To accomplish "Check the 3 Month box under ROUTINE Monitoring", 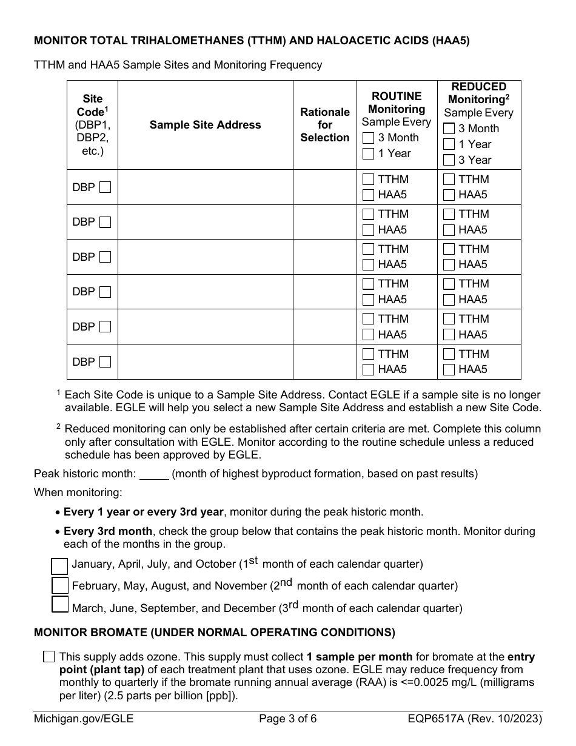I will click(368, 138).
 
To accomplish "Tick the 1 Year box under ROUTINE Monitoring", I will click(368, 153).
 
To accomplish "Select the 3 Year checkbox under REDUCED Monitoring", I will click(449, 160).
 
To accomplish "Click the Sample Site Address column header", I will click(205, 125).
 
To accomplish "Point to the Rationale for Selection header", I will click(325, 125).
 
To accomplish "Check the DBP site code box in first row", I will click(105, 187).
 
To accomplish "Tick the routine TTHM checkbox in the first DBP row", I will click(368, 180).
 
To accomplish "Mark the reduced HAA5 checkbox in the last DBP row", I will click(449, 369).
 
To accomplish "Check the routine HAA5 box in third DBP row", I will click(368, 264).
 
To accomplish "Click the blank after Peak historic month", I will click(154, 474).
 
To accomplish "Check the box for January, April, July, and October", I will click(59, 565).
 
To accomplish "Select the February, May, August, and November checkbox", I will click(59, 586).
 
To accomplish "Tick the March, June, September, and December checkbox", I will click(59, 606).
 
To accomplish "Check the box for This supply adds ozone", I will click(49, 657).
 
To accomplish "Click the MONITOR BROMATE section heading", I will click(214, 633).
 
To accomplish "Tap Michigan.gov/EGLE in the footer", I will click(84, 720).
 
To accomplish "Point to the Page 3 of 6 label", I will click(287, 720).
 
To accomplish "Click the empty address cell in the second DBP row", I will click(205, 222).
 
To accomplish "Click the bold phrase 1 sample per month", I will click(360, 657).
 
